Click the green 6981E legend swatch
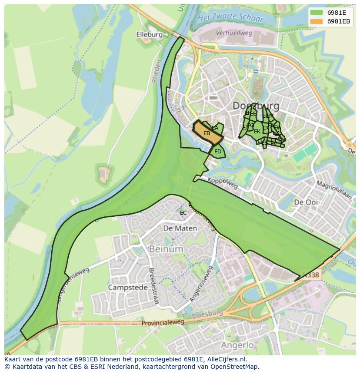click(x=317, y=13)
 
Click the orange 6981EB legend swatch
click(x=317, y=21)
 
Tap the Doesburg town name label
click(x=256, y=106)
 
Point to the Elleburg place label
click(x=149, y=35)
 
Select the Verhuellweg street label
click(x=234, y=33)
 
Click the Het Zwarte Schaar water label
click(x=230, y=19)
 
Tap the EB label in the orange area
click(x=207, y=133)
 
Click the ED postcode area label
click(x=218, y=152)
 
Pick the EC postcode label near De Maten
click(x=183, y=212)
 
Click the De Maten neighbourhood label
click(x=180, y=228)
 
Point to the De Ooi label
click(x=306, y=202)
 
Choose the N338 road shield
click(x=311, y=275)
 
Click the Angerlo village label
click(x=237, y=345)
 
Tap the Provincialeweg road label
click(x=163, y=323)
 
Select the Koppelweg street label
click(x=223, y=183)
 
